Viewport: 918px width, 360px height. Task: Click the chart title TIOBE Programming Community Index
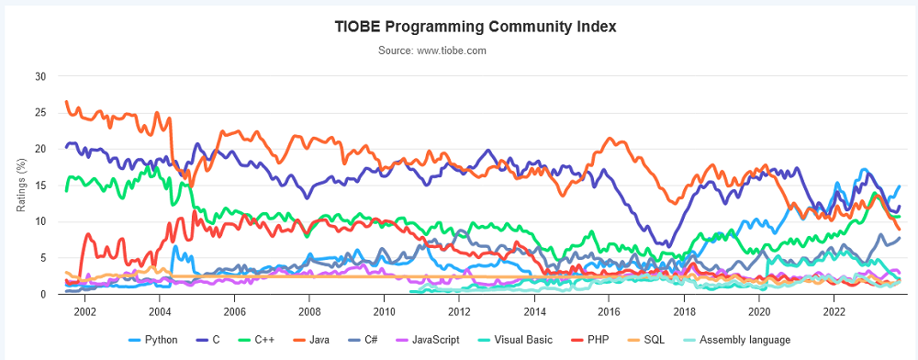tap(475, 27)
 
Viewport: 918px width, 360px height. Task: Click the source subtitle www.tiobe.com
tap(432, 51)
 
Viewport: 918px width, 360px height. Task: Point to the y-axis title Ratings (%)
tap(21, 184)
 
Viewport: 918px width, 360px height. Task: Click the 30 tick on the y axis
tap(40, 76)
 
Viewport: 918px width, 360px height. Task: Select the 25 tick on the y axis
tap(40, 113)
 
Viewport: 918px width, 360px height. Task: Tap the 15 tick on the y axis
tap(40, 186)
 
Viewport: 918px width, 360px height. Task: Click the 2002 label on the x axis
tap(84, 309)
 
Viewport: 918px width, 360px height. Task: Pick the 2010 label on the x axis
tap(384, 309)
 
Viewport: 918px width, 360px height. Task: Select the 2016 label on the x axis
tap(609, 309)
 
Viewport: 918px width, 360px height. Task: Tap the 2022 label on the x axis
tap(833, 309)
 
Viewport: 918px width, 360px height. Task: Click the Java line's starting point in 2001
tap(66, 101)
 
